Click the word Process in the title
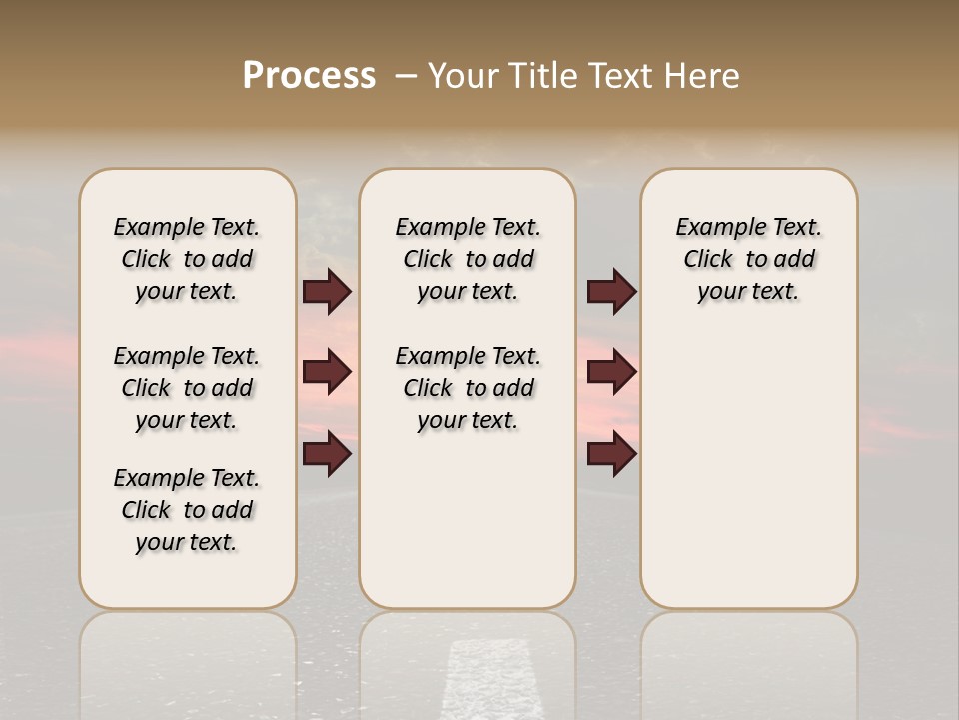[309, 76]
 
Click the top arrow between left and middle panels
[327, 292]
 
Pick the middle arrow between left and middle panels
[327, 372]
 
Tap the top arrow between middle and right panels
[611, 292]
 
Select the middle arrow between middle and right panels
[611, 372]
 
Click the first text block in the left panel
[187, 259]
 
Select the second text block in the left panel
[187, 388]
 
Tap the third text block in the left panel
[187, 510]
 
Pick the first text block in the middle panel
[468, 259]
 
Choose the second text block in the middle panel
[468, 388]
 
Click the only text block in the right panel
[748, 259]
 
